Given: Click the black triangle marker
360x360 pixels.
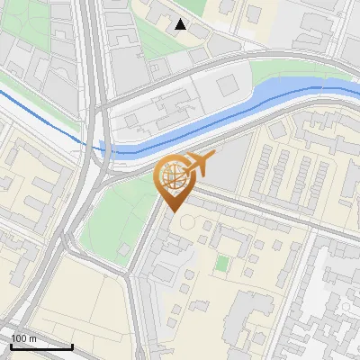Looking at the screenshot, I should [x=181, y=24].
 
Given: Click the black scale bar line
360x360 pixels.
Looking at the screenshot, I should [x=41, y=346].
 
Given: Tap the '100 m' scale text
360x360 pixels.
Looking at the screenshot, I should [x=23, y=337].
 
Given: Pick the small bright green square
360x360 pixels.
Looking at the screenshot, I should [x=222, y=264].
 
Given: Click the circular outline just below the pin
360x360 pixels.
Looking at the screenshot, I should [x=186, y=220].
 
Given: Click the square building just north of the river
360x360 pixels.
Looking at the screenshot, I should [x=226, y=84].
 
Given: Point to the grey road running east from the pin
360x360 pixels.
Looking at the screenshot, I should [x=270, y=213].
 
